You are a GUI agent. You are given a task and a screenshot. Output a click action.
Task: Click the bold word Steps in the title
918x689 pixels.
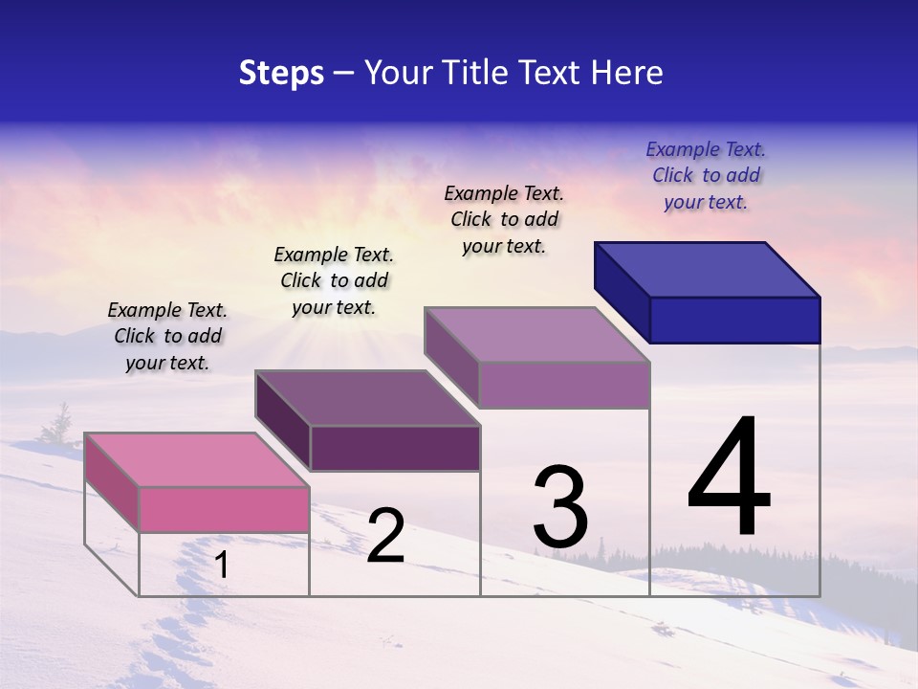[281, 73]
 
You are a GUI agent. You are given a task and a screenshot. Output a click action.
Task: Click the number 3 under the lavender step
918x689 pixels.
[559, 507]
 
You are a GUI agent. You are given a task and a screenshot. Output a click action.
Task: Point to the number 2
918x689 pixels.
[385, 536]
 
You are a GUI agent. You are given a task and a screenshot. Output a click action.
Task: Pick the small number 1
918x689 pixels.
[221, 566]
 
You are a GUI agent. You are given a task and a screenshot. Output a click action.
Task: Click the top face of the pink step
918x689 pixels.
[197, 459]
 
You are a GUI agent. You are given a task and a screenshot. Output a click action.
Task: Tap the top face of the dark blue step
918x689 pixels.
[708, 269]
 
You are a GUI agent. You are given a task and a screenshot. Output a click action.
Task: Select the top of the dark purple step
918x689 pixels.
[367, 397]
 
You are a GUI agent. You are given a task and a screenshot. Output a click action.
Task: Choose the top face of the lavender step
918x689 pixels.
[537, 334]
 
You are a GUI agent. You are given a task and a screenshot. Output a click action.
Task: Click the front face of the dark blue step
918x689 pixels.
[734, 320]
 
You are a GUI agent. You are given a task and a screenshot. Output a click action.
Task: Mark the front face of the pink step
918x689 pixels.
[224, 509]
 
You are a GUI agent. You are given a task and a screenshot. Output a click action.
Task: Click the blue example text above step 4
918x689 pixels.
[706, 176]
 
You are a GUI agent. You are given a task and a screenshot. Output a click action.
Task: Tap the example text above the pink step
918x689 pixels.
[167, 336]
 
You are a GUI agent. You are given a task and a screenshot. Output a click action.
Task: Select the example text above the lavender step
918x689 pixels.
[504, 219]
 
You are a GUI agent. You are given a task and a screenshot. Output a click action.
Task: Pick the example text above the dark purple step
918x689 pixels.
[334, 280]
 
